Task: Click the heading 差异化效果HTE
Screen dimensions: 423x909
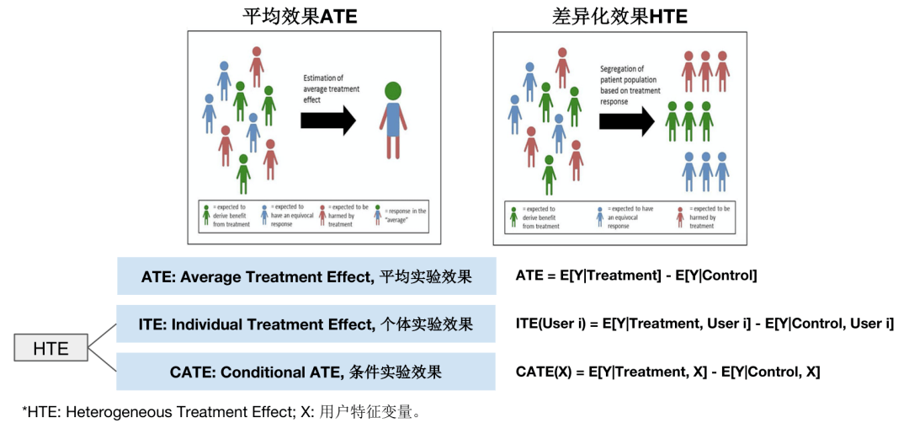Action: [x=620, y=15]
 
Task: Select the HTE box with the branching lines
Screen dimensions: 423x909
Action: [x=51, y=348]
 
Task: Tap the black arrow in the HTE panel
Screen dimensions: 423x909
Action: [x=625, y=121]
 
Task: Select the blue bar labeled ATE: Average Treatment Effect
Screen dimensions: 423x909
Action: [x=306, y=276]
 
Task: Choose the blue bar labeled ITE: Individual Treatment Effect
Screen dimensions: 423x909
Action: [x=306, y=324]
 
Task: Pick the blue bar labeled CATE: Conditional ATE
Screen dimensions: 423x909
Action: [x=306, y=372]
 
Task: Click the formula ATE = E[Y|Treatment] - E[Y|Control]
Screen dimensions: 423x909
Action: [x=636, y=276]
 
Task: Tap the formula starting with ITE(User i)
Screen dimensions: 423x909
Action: [x=704, y=324]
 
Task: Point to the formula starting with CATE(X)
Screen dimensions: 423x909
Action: [x=667, y=372]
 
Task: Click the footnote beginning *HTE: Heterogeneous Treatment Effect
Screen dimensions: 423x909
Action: [x=222, y=412]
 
